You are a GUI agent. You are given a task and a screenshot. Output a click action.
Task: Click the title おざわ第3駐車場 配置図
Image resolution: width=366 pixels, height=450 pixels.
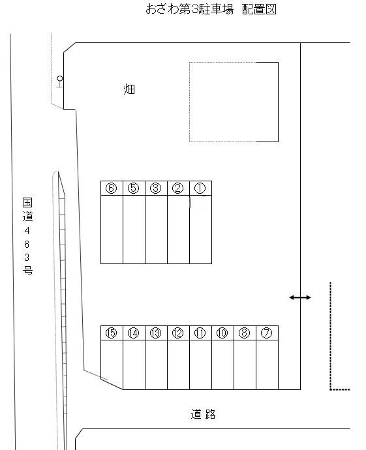click(x=207, y=10)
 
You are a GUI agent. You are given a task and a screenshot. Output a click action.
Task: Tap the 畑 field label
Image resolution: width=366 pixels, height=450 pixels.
click(x=129, y=89)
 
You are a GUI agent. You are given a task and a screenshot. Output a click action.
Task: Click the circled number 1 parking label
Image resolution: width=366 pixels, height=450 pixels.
click(x=200, y=188)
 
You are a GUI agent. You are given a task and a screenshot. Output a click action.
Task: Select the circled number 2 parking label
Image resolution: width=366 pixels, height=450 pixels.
click(x=178, y=188)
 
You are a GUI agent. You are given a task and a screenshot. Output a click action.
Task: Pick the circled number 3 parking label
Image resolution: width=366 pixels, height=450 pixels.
click(x=156, y=188)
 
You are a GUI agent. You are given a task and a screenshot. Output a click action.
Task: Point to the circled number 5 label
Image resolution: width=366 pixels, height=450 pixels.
click(x=134, y=188)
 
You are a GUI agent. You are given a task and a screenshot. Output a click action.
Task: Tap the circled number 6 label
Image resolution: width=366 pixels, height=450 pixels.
click(x=112, y=188)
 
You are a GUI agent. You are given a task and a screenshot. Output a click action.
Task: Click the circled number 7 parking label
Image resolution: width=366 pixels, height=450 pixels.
click(x=266, y=333)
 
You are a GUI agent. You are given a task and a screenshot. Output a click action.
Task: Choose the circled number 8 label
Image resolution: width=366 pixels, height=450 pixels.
click(x=245, y=333)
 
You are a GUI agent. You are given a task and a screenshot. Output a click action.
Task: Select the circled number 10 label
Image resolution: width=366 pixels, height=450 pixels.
click(x=222, y=333)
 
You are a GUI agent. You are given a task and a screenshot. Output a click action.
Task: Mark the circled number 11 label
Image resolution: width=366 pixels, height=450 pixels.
click(x=200, y=333)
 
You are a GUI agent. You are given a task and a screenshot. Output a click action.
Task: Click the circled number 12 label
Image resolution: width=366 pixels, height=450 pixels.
click(x=178, y=333)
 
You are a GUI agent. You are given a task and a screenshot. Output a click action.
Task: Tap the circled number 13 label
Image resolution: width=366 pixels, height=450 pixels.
click(x=156, y=333)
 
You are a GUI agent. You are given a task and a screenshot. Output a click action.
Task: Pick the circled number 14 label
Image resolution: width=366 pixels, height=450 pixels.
click(x=134, y=333)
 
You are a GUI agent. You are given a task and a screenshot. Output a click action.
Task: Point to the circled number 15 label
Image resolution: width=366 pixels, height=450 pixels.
click(x=112, y=333)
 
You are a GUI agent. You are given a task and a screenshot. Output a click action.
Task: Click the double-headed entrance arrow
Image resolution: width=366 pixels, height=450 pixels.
click(x=300, y=297)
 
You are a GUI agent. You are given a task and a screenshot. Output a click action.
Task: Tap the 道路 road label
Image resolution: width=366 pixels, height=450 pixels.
click(x=203, y=414)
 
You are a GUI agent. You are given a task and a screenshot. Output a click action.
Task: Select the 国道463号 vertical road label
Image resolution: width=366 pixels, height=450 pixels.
click(x=27, y=237)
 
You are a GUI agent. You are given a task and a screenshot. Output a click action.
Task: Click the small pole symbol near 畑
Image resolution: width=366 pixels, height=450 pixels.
click(x=59, y=81)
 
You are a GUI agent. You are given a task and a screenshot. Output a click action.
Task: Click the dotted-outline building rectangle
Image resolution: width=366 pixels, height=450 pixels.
click(x=234, y=102)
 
